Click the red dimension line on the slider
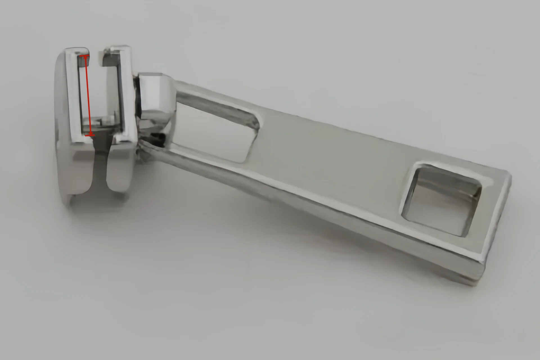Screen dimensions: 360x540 87,96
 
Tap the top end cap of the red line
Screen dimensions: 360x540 85,57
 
